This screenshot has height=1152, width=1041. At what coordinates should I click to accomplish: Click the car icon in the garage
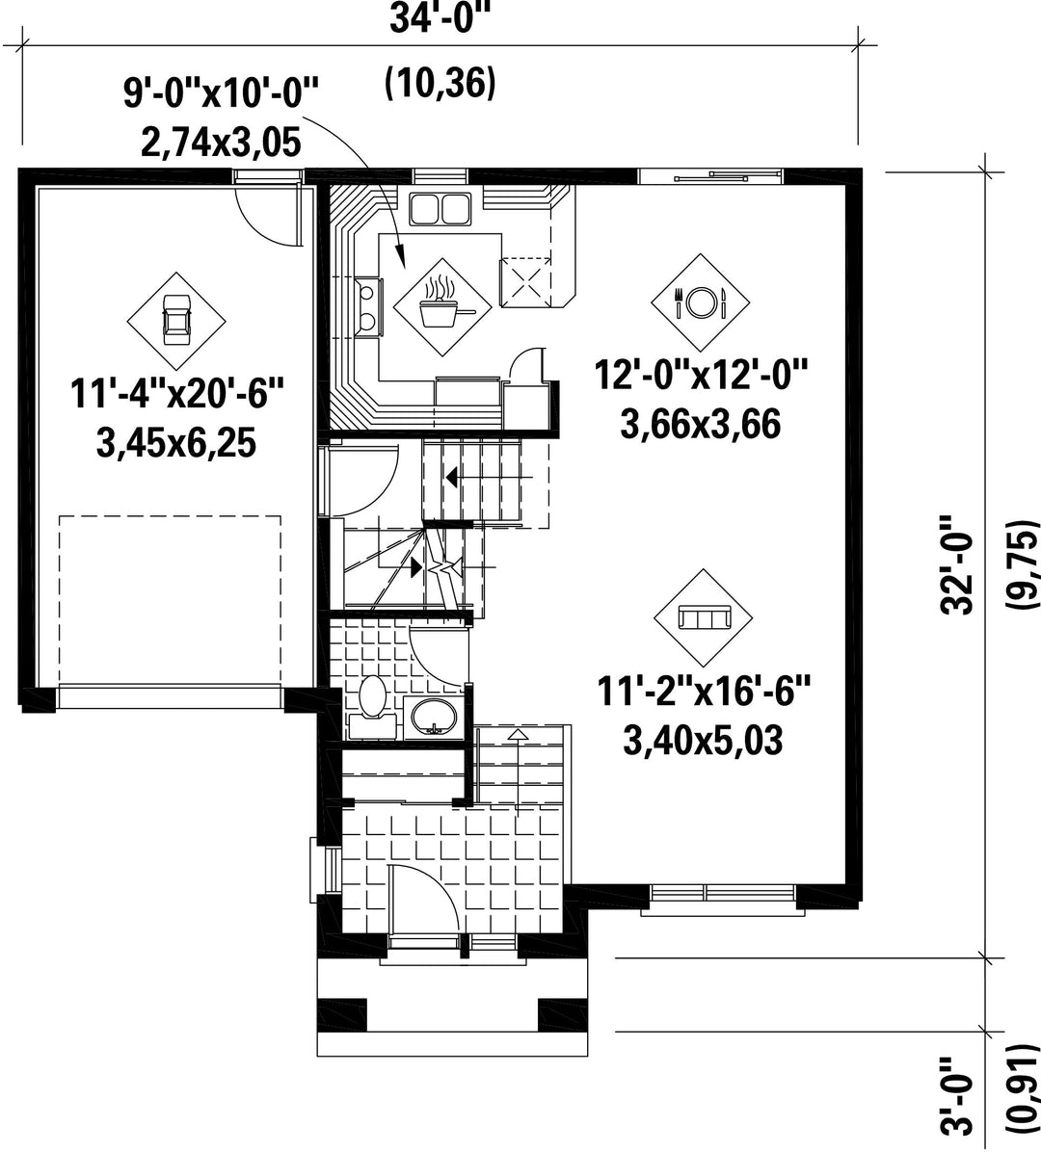click(175, 320)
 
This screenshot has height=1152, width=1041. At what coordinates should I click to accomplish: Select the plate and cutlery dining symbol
click(700, 301)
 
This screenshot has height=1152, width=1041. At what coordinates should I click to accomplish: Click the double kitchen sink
click(440, 208)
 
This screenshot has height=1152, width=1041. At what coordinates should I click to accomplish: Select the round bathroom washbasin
click(433, 717)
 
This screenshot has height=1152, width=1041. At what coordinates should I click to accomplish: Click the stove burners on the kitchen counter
click(367, 306)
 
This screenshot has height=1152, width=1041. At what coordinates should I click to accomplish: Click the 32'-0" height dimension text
click(957, 563)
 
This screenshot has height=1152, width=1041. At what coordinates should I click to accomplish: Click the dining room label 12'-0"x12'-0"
click(701, 376)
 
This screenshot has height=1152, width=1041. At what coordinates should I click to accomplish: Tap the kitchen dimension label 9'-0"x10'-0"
click(222, 94)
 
